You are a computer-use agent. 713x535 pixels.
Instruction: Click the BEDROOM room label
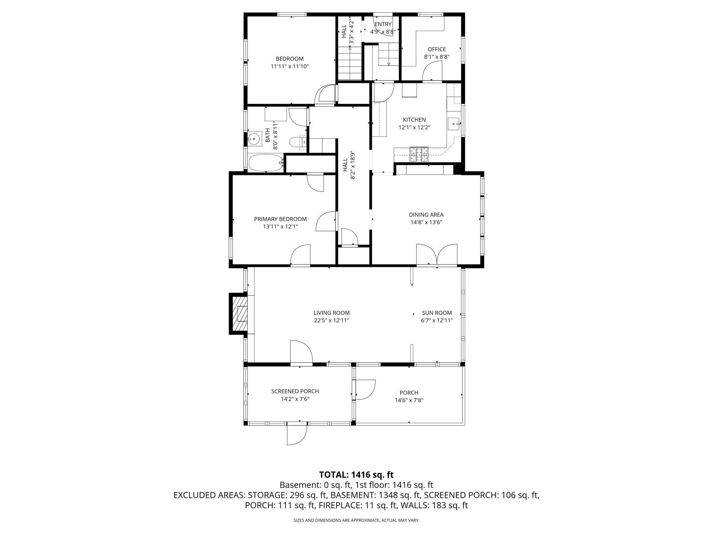coord(290,59)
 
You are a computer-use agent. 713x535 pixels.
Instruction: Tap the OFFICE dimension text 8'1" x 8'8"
coord(437,57)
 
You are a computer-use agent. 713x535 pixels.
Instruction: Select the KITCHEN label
coord(414,120)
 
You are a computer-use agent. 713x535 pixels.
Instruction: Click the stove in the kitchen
coord(419,154)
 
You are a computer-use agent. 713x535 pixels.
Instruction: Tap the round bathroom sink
coord(254,139)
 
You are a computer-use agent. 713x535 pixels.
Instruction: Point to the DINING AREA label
coord(426,215)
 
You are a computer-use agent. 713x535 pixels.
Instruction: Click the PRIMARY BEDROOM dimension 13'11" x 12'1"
coord(280,226)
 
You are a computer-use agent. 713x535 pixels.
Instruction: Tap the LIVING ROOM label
coord(331,313)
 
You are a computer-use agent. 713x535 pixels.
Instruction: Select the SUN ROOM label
coord(437,313)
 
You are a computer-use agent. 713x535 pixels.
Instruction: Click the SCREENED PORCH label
coord(295,391)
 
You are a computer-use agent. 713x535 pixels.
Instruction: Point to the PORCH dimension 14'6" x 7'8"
coord(409,400)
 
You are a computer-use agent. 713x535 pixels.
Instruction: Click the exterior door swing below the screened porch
coord(297,435)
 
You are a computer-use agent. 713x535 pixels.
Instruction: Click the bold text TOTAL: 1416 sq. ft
coord(356,475)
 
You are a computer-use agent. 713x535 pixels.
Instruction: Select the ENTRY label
coord(383,24)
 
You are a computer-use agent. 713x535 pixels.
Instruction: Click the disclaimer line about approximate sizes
coord(356,520)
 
